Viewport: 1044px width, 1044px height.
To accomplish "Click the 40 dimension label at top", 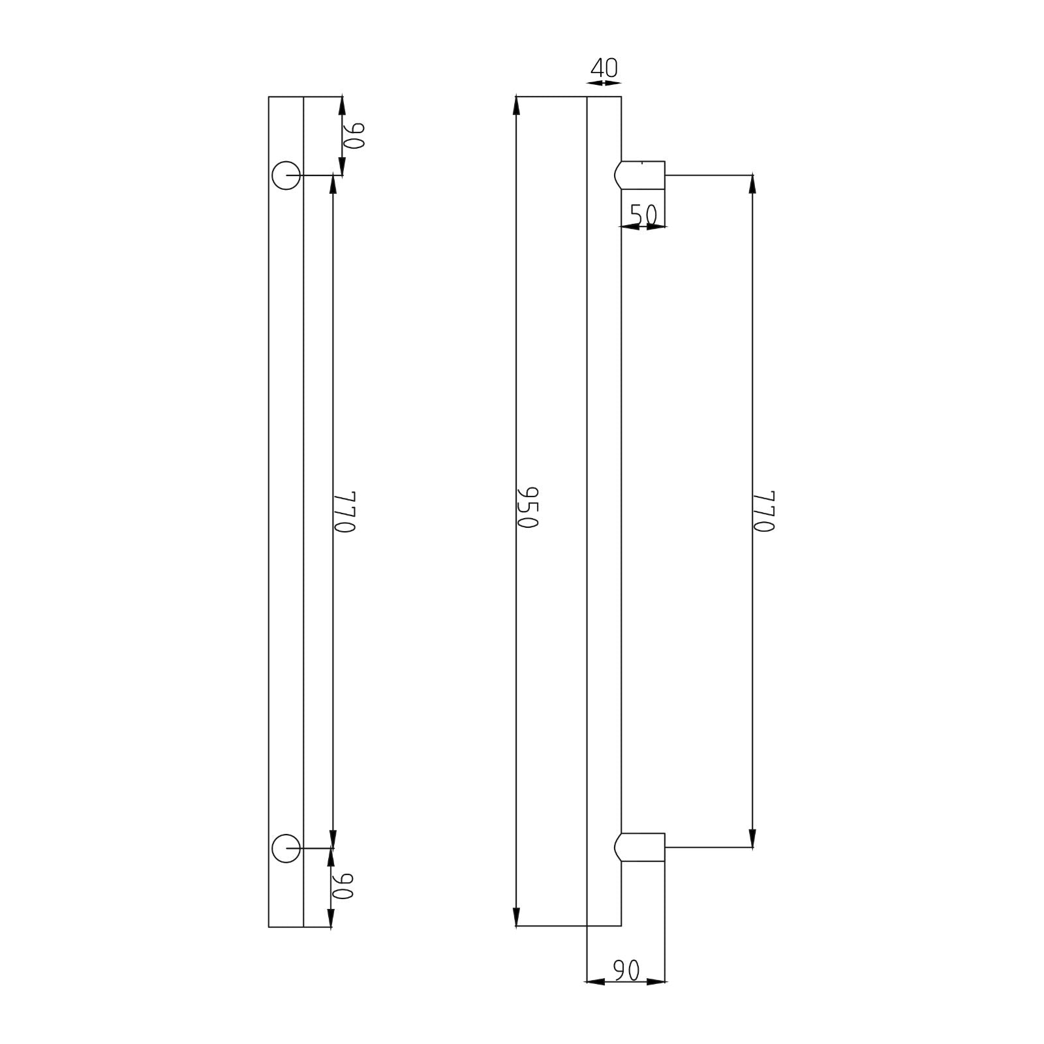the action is (604, 68).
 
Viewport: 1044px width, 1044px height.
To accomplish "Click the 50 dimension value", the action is (643, 214).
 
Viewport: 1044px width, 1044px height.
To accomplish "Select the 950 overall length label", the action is (527, 507).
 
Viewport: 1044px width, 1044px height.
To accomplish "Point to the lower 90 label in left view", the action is (343, 885).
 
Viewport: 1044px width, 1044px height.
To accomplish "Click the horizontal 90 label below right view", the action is (626, 971).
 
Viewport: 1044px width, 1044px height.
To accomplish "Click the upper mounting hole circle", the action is (286, 175).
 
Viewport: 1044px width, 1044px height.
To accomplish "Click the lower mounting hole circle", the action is (286, 848).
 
